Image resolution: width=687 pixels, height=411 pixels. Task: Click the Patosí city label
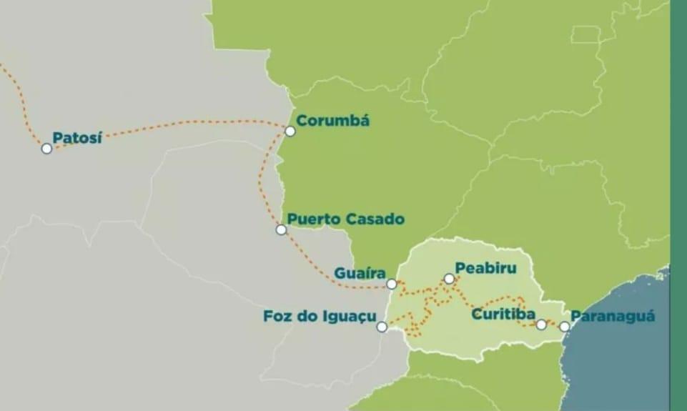(77, 137)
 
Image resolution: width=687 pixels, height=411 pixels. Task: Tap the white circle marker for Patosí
(46, 149)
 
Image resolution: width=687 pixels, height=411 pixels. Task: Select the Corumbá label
(332, 121)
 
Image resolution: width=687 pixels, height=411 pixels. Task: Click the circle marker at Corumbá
(290, 132)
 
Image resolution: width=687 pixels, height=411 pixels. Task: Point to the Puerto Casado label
(346, 219)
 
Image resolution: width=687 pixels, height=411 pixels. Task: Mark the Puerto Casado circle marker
(281, 229)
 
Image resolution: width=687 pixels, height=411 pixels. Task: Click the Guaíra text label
(360, 273)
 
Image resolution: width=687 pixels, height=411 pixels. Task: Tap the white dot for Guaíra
(392, 284)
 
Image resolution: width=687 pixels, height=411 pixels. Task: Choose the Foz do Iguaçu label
(320, 315)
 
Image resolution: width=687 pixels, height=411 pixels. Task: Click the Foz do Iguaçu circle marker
(382, 327)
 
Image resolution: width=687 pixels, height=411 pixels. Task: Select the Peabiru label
(485, 268)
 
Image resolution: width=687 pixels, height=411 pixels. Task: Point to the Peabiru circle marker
(449, 279)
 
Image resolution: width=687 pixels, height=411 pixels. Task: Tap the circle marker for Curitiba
(541, 325)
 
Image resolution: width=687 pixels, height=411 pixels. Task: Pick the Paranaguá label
(613, 316)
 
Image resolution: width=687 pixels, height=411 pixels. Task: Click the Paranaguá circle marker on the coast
(564, 326)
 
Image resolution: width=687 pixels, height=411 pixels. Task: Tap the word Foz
(277, 315)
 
